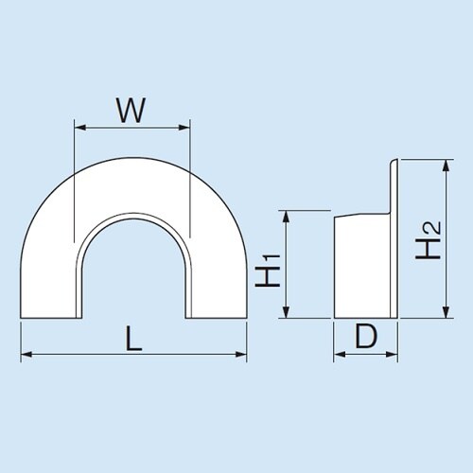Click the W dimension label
(x=131, y=110)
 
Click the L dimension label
(x=133, y=339)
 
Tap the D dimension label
(x=366, y=336)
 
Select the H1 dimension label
(x=268, y=270)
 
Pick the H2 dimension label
(x=428, y=240)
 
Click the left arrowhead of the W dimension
(x=80, y=128)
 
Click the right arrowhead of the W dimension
(x=184, y=128)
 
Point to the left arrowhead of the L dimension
(x=26, y=355)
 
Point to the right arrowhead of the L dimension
(x=241, y=355)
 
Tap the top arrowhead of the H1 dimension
(x=286, y=217)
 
